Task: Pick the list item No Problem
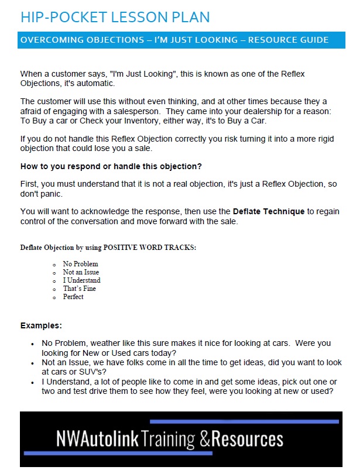point(80,264)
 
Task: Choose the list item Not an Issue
point(81,272)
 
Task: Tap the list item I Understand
point(81,280)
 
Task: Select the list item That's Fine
point(79,289)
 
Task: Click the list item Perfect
point(73,297)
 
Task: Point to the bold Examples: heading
point(41,325)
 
